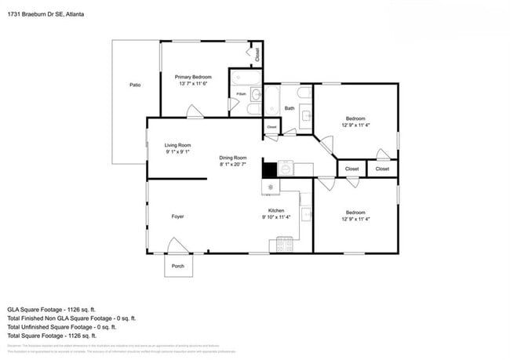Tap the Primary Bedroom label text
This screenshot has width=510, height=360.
[193, 76]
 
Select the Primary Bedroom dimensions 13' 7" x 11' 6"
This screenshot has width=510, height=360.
[193, 83]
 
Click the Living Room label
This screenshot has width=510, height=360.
[178, 145]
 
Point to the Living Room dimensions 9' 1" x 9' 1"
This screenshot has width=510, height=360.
[178, 152]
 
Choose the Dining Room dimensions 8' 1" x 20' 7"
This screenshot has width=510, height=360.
[232, 165]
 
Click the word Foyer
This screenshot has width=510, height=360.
[178, 216]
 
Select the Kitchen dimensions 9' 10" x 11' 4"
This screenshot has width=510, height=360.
[276, 218]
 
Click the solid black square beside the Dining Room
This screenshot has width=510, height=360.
[269, 169]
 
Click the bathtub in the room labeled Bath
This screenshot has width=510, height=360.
[271, 102]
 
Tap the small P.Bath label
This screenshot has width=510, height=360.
[242, 94]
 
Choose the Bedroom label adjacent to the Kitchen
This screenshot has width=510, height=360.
[355, 212]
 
